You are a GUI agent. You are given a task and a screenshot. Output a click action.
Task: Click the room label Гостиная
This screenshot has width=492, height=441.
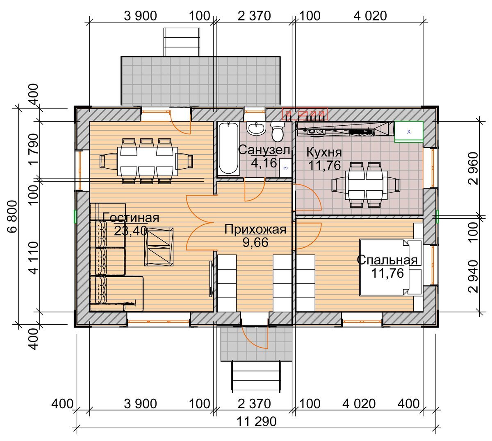click(131, 217)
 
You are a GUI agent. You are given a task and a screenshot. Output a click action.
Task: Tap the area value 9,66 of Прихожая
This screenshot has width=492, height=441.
click(255, 242)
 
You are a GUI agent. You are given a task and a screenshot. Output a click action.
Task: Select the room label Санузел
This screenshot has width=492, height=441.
click(264, 150)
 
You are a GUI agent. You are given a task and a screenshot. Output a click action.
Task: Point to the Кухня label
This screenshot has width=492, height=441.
click(324, 152)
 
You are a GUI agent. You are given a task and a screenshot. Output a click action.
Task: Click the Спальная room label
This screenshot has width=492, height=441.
click(387, 260)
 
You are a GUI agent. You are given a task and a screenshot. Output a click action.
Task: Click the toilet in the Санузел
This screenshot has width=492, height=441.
click(278, 131)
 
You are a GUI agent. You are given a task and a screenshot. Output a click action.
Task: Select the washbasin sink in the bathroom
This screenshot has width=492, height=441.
click(256, 128)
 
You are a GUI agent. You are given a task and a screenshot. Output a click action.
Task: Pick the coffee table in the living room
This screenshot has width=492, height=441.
click(159, 247)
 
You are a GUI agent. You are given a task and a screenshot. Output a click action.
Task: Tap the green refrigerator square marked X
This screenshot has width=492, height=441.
click(409, 132)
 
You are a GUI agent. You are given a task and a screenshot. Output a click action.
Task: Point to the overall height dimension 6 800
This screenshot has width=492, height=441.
click(12, 216)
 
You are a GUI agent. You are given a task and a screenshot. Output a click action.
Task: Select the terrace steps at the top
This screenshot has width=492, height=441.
click(182, 42)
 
